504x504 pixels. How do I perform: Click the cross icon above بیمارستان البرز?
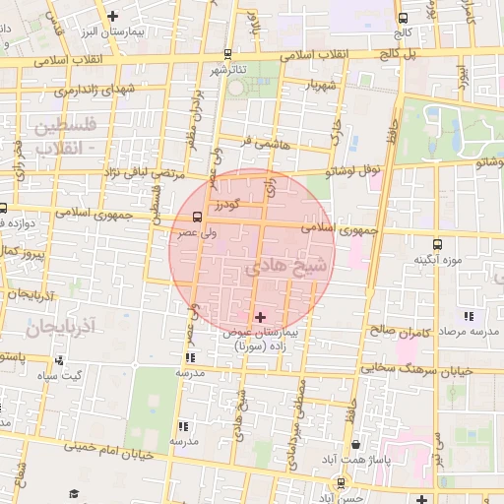pos(113,16)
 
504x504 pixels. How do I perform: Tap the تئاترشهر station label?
pos(226,71)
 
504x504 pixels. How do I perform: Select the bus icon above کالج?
pos(402,18)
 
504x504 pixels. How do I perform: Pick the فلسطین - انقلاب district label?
pos(66,137)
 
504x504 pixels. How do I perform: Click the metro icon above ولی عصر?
pos(198,217)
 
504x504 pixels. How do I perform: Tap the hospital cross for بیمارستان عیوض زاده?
pos(260,317)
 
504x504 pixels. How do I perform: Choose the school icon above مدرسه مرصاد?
pos(468,317)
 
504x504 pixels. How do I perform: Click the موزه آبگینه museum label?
pos(438,260)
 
